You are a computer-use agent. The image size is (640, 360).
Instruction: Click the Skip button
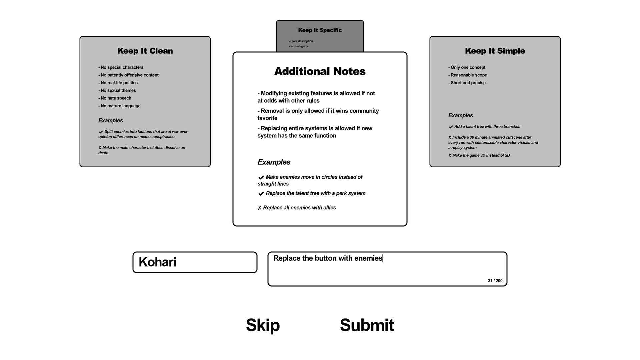(263, 325)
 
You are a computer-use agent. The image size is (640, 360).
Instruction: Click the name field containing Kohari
(195, 262)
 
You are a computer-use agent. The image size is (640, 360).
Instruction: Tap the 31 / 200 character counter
(495, 281)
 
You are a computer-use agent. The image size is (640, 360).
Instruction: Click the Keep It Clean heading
(145, 51)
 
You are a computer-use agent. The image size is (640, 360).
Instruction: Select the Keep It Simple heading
(495, 51)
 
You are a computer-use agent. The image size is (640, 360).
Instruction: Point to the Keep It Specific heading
(320, 30)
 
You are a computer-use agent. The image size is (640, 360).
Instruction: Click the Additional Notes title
(320, 71)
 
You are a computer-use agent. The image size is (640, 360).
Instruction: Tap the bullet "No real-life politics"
(118, 83)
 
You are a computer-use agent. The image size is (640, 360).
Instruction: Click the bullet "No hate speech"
(115, 98)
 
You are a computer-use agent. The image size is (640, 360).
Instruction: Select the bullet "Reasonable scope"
(468, 75)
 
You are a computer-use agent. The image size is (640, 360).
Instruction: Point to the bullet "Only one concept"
(467, 67)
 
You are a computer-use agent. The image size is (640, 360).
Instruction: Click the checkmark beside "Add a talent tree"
(451, 127)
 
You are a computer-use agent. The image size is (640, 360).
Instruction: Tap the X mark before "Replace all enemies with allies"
(259, 208)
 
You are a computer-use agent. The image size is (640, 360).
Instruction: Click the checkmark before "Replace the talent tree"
(261, 194)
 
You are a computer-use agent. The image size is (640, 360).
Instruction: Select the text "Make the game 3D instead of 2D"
(481, 155)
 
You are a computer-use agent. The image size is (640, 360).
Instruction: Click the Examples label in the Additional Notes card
(274, 162)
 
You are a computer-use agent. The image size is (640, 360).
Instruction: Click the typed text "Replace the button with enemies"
(328, 258)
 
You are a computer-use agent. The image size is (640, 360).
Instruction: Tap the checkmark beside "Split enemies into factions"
(101, 132)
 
